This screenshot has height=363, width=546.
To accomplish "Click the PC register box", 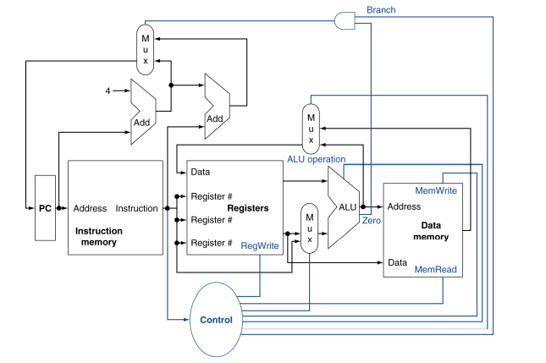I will [x=45, y=208].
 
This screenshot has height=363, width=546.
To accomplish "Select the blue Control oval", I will [x=216, y=320].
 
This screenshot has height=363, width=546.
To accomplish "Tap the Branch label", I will [x=381, y=10].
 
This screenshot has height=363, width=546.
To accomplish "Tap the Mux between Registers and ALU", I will [x=310, y=228].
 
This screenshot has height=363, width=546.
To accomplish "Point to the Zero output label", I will [x=372, y=220].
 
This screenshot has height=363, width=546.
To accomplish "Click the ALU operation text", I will [x=315, y=158].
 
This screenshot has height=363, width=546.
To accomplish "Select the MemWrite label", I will [x=436, y=191].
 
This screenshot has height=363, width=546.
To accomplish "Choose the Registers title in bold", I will [x=247, y=208].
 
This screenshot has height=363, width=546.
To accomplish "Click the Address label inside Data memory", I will [x=405, y=206].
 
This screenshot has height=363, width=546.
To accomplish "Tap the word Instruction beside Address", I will [x=136, y=208].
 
